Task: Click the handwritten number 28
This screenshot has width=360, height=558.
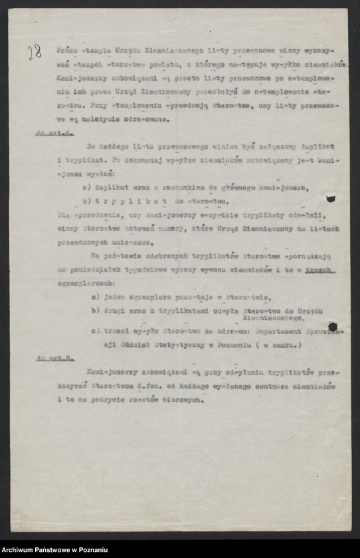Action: [x=35, y=52]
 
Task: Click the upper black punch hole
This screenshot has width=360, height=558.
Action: [x=330, y=198]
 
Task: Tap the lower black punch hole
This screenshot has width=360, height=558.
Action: [x=332, y=327]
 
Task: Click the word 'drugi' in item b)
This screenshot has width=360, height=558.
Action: [x=115, y=311]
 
